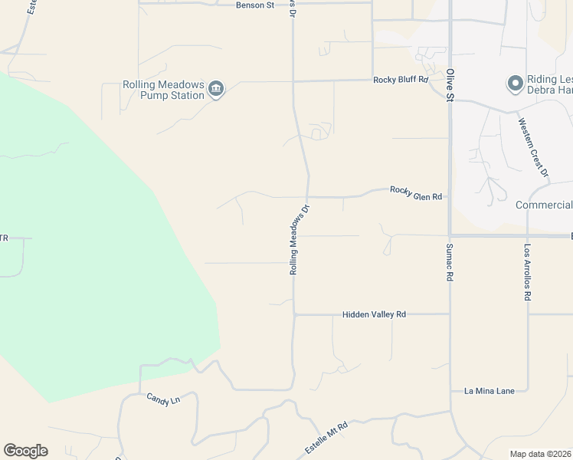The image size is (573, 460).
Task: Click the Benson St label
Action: (x=256, y=5)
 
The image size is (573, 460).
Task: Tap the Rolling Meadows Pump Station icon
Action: (x=216, y=90)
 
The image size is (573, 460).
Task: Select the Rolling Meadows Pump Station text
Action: (x=163, y=90)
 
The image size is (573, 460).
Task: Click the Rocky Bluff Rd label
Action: (x=401, y=80)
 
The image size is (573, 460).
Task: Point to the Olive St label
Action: (x=450, y=85)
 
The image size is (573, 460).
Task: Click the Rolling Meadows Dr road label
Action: (x=299, y=239)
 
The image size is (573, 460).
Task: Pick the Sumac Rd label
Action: (x=450, y=262)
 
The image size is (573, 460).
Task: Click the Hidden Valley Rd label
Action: (x=374, y=314)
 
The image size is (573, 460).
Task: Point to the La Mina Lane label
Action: (x=490, y=391)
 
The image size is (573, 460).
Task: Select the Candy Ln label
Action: (x=163, y=399)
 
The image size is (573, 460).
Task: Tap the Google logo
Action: (x=25, y=451)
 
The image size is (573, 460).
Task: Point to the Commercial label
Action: (x=544, y=205)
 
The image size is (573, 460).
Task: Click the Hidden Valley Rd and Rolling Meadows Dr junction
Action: (x=294, y=314)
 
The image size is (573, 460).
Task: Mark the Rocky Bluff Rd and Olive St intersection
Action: (x=449, y=80)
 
